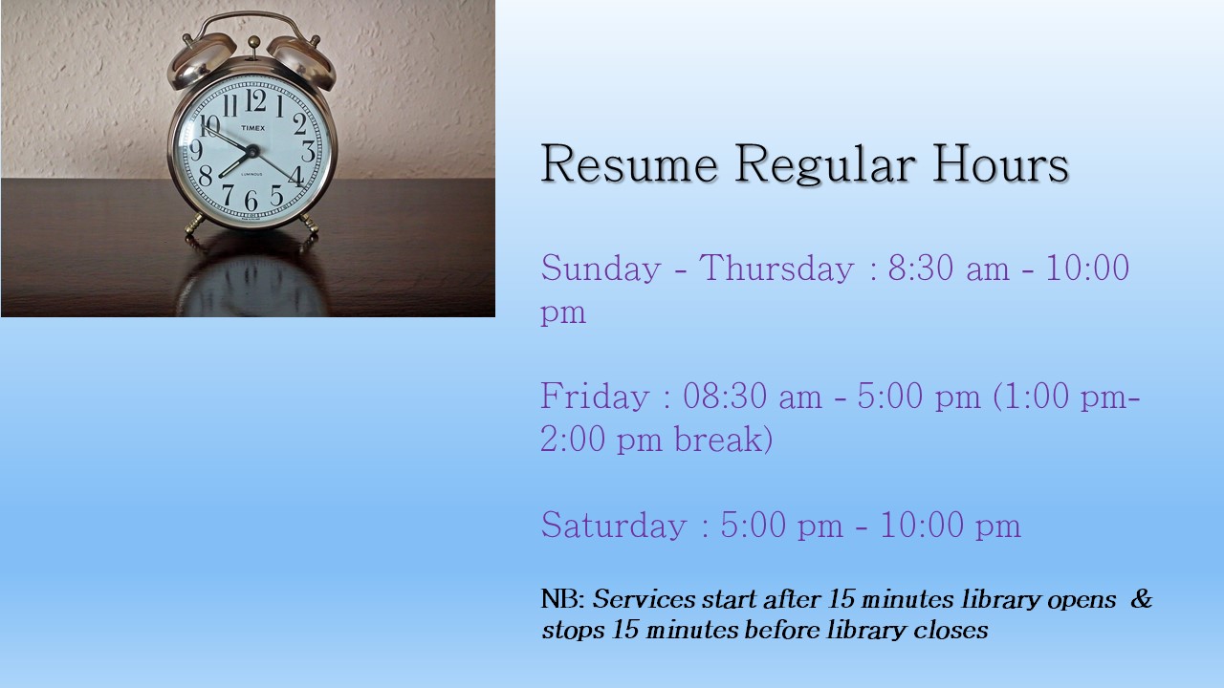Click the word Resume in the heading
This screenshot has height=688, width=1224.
coord(629,163)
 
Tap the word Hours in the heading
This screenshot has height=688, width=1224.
coord(1000,163)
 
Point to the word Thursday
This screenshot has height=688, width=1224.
coord(776,268)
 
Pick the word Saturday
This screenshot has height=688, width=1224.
coord(614,527)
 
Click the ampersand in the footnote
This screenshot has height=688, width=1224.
coord(1141,599)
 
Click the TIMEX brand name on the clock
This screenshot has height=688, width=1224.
coord(253,128)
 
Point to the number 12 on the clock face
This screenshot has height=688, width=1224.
coord(255,101)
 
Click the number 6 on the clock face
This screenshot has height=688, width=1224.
coord(251,201)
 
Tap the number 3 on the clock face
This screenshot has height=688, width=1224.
coord(309,151)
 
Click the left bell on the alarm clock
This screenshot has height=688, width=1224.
coord(201,60)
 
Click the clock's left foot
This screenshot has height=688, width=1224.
coord(195,224)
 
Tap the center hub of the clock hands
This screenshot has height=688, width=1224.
coord(251,151)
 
